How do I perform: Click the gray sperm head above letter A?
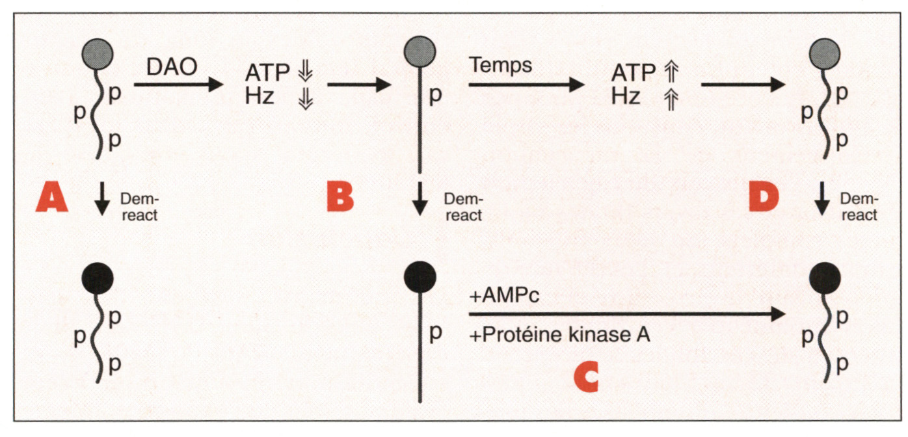(x=98, y=53)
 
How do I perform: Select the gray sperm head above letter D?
(x=825, y=53)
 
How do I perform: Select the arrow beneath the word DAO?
(x=177, y=85)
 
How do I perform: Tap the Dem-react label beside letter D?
(x=859, y=207)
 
